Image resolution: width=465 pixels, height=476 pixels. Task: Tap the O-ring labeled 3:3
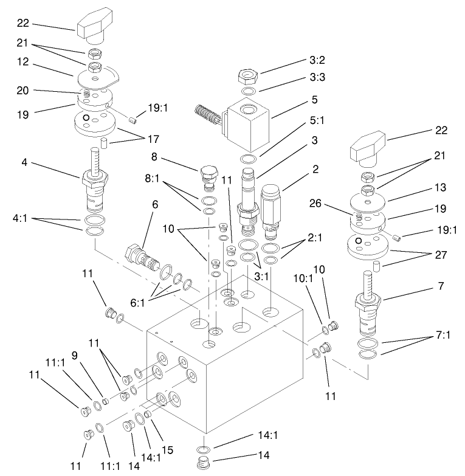(246, 92)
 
